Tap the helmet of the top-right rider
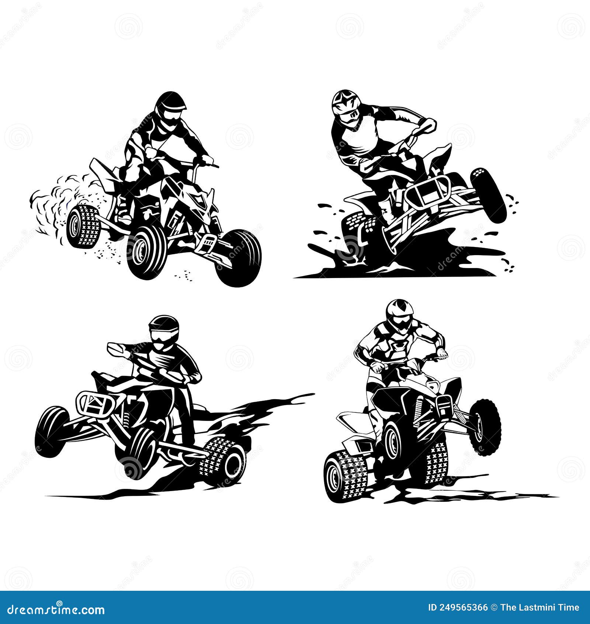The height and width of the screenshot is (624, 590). (x=346, y=105)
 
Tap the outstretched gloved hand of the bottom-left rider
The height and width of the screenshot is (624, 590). (x=115, y=349)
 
